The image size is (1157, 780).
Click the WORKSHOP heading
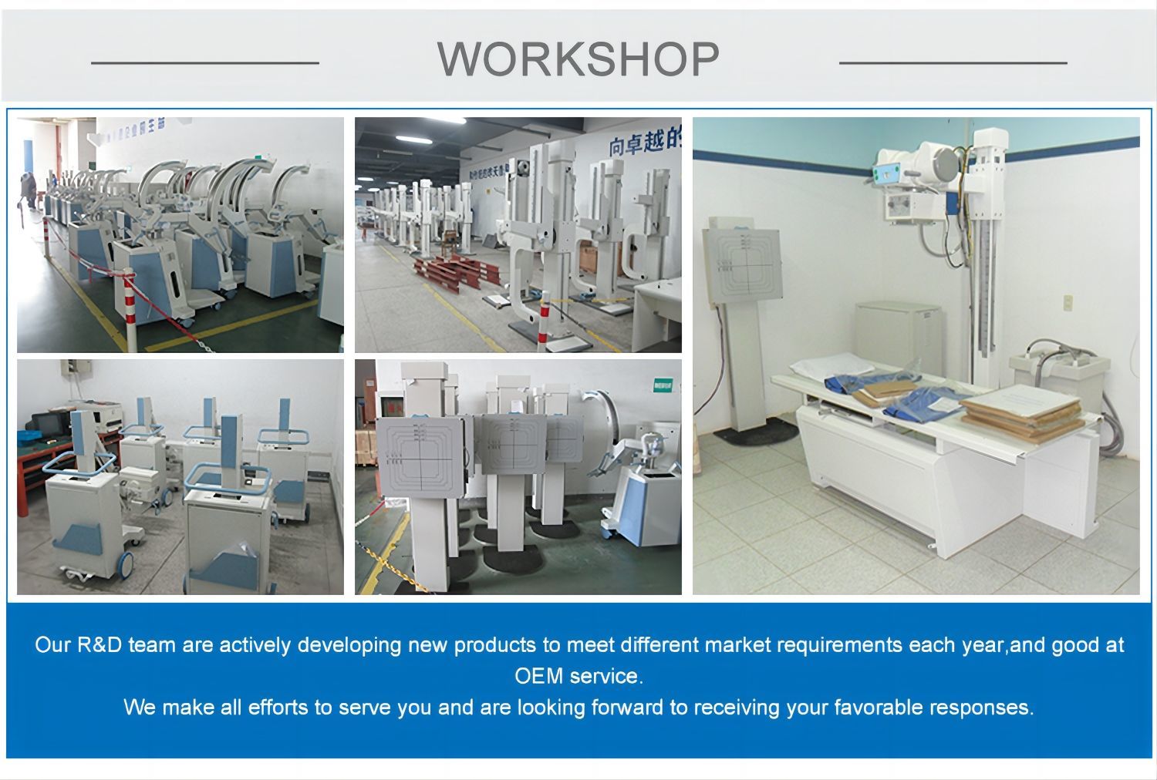click(x=578, y=59)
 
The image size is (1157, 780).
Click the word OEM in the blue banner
click(x=533, y=676)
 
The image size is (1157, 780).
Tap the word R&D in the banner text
click(x=100, y=644)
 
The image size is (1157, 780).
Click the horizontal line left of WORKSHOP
click(x=204, y=62)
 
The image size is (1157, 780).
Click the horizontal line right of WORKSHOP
click(x=953, y=62)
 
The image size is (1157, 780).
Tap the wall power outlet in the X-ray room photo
click(x=1068, y=302)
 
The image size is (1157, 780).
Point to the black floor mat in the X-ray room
click(x=754, y=432)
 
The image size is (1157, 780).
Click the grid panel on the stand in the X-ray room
click(x=742, y=264)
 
